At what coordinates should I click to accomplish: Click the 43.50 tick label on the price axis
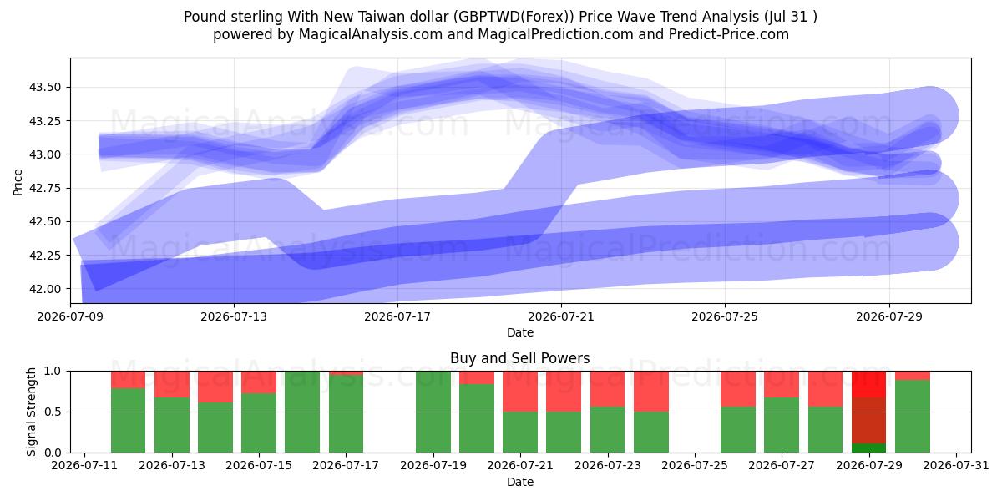click(45, 87)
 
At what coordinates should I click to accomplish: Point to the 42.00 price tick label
click(45, 289)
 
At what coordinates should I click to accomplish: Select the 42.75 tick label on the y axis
click(45, 188)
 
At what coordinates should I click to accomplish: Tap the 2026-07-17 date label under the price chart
click(397, 316)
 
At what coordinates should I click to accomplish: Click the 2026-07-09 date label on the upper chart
click(70, 316)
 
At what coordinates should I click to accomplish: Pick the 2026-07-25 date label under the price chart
click(725, 316)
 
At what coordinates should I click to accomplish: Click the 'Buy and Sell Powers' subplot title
click(519, 358)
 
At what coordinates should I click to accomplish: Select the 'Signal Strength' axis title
click(31, 412)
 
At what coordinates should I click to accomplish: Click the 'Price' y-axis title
click(18, 182)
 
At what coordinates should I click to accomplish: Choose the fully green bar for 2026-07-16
click(302, 412)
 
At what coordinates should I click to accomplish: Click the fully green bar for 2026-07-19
click(433, 412)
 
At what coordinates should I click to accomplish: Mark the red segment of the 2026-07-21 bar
click(520, 392)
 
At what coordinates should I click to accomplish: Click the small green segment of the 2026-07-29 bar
click(868, 448)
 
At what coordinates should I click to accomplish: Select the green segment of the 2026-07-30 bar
click(913, 417)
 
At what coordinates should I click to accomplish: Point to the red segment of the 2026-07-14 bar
click(215, 387)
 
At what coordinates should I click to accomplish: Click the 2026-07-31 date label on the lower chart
click(956, 465)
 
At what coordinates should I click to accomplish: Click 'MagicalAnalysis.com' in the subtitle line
click(371, 34)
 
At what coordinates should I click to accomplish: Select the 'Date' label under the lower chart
click(519, 482)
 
